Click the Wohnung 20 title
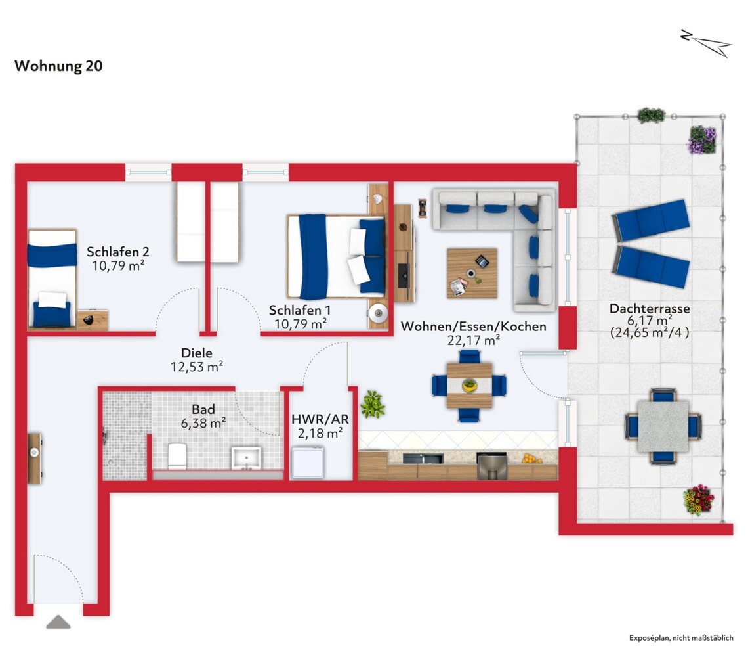click(x=58, y=66)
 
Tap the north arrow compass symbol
click(x=707, y=43)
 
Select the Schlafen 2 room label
click(x=118, y=252)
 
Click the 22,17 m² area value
click(x=473, y=340)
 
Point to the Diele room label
click(x=197, y=353)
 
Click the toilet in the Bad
click(x=177, y=457)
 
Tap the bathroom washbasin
click(x=246, y=458)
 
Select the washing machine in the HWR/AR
click(x=308, y=462)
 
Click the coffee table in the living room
click(x=472, y=273)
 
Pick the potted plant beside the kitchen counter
click(x=373, y=404)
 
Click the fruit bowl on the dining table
click(x=470, y=385)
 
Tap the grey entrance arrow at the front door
click(x=58, y=622)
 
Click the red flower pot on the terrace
click(x=698, y=500)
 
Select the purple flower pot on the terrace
click(x=702, y=139)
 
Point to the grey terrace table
click(x=663, y=426)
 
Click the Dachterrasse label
click(x=650, y=309)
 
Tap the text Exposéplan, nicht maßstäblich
click(x=681, y=638)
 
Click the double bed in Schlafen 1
click(x=337, y=257)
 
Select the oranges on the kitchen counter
click(x=530, y=459)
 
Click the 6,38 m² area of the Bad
click(x=203, y=423)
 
